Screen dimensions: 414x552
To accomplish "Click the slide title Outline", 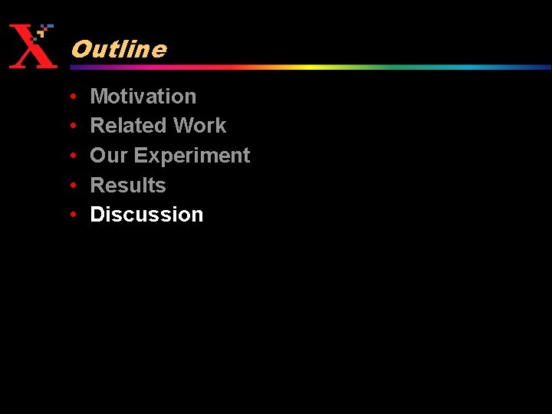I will coord(118,50).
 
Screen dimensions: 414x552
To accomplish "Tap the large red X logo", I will coord(31,48).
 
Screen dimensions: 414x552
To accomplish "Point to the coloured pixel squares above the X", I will coord(44,31).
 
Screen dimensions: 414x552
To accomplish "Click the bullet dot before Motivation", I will coord(71,97).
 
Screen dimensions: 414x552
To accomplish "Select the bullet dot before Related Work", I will coord(71,126).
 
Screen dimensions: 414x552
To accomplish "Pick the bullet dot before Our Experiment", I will coord(71,156).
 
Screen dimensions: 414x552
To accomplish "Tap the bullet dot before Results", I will coord(71,186).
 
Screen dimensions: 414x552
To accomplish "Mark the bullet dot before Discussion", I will coord(71,215).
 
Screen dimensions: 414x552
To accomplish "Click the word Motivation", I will coord(143,97).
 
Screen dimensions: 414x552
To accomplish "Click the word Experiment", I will coord(192,156).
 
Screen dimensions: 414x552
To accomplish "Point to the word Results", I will coord(128,186).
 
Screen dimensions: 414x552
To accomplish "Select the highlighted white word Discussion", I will coord(146,215).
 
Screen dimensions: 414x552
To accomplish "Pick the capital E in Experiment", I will coord(140,156).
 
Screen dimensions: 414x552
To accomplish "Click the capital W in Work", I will coord(185,126).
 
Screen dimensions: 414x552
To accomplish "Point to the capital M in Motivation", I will coord(99,97).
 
